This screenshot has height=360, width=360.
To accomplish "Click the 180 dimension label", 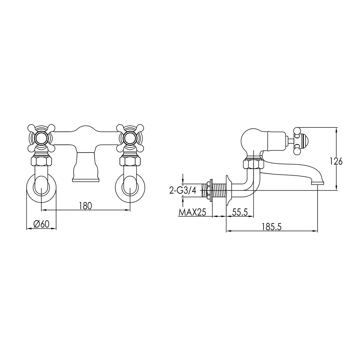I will (x=86, y=206).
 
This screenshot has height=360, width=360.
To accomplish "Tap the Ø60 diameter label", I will (x=41, y=224).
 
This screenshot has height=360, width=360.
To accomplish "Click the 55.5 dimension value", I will (x=240, y=212).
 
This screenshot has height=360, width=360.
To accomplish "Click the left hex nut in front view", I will (x=41, y=161).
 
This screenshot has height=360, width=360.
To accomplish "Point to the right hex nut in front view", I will (x=130, y=161).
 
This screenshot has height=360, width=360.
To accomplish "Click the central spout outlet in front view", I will (x=86, y=179).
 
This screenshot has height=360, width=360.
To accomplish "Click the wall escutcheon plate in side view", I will (x=228, y=190).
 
